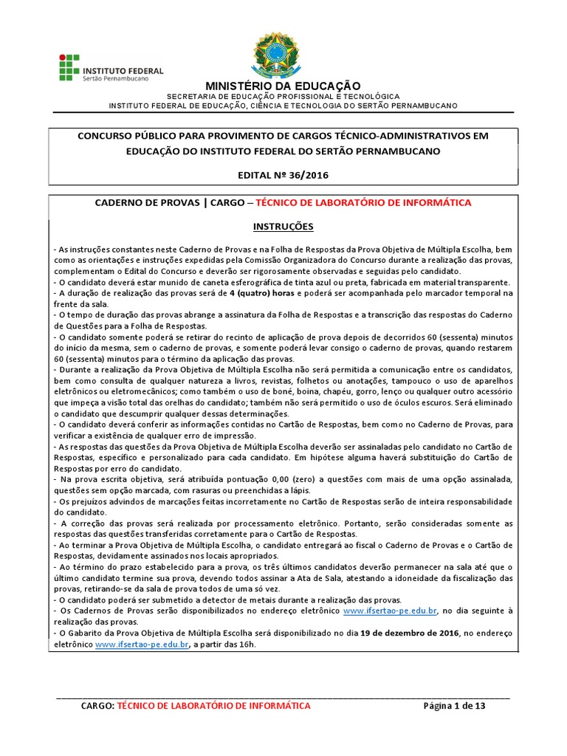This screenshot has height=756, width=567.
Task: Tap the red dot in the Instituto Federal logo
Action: point(63,56)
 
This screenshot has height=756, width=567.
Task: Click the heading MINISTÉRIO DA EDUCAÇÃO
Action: point(283,86)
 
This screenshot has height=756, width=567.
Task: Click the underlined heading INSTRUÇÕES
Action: point(283,225)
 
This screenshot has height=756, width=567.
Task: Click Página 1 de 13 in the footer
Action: point(454,706)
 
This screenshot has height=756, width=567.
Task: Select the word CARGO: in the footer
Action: point(97,706)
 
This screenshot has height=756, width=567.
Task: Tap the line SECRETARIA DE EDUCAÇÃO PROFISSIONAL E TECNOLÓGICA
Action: point(283,97)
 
